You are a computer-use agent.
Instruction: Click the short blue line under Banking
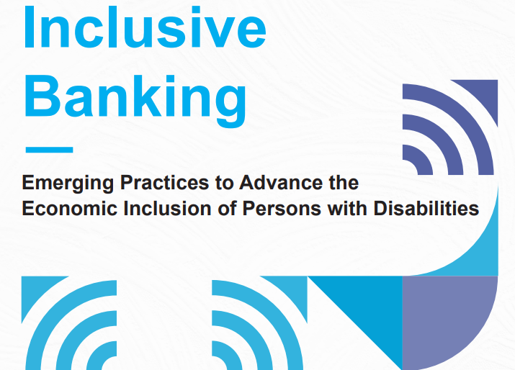point(49,150)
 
